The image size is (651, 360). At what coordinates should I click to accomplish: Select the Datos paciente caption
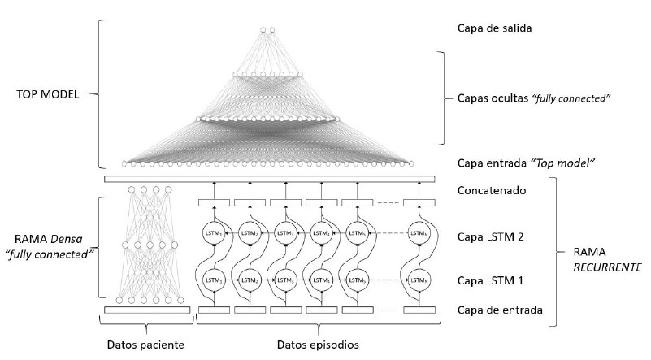(x=145, y=345)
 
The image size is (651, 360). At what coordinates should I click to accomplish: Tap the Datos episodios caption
(x=311, y=345)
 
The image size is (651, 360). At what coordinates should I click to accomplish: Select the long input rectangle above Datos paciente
(x=147, y=310)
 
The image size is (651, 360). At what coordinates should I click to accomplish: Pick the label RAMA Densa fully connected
(x=50, y=246)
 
